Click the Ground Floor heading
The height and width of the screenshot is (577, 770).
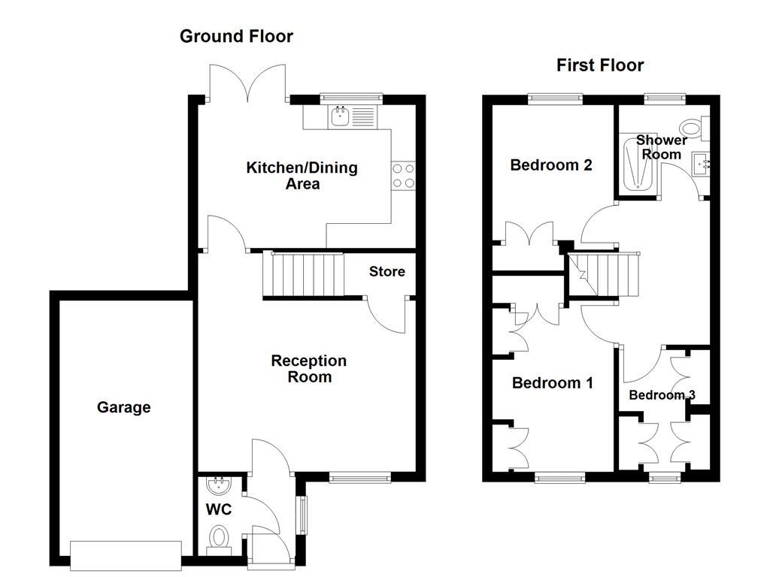coord(236,36)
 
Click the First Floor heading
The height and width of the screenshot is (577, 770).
coord(600,65)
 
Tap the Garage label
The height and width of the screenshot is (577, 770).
coord(123,407)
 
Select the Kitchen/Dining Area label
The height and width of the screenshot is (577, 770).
coord(302,175)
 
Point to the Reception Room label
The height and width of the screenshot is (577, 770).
coord(309,369)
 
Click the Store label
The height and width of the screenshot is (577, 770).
coord(387,271)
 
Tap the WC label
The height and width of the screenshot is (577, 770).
coord(219,509)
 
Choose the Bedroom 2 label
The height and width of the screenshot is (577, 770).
coord(551,165)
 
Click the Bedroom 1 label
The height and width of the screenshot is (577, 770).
coord(553,383)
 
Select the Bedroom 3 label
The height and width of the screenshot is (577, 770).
coord(662,395)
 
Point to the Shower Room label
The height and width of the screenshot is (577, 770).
coord(661,147)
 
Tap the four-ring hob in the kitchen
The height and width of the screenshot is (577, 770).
coord(404,176)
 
